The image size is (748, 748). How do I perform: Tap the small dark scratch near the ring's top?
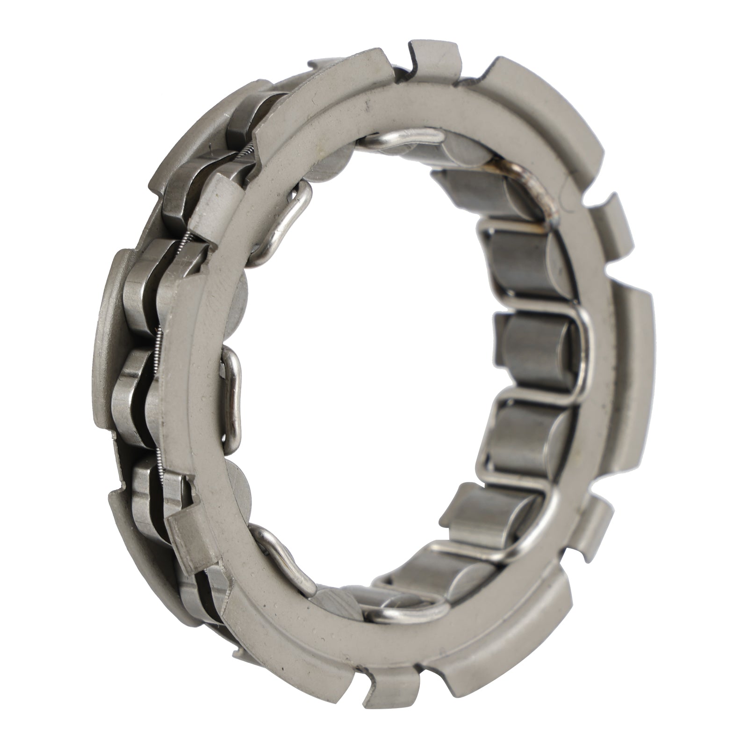pyautogui.click(x=369, y=101)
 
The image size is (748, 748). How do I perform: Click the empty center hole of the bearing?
pyautogui.click(x=374, y=374)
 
